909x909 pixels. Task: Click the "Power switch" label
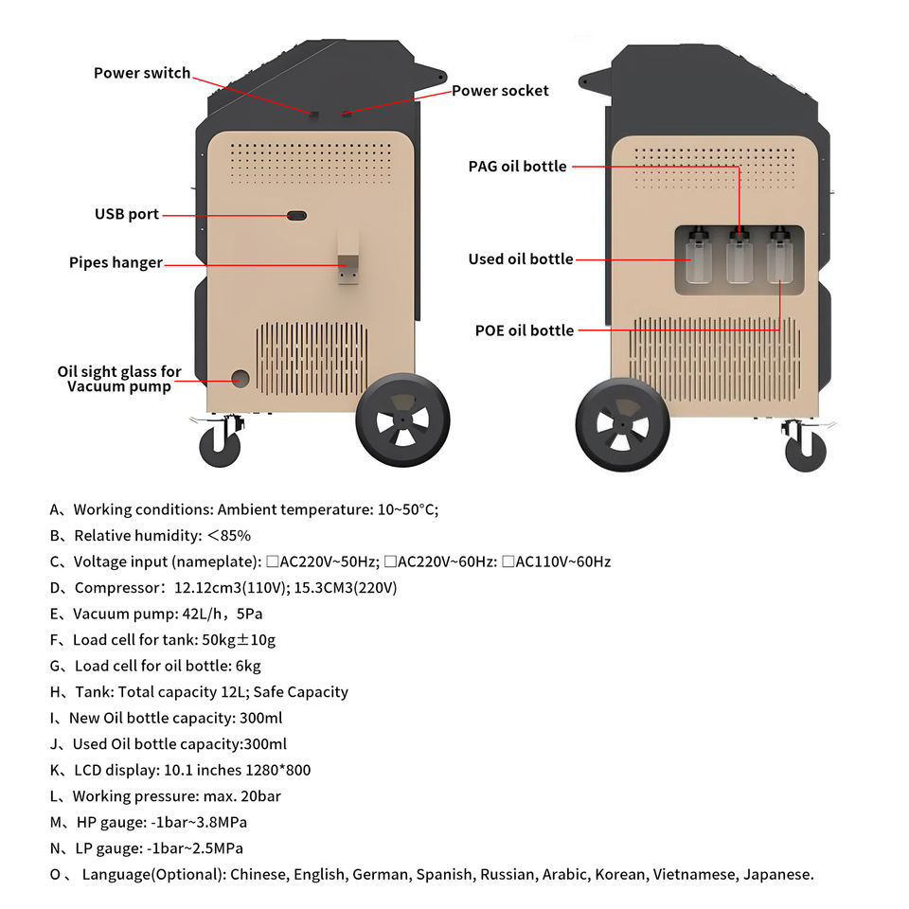pyautogui.click(x=142, y=73)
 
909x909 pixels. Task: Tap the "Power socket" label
pyautogui.click(x=500, y=91)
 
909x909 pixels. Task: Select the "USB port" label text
pyautogui.click(x=127, y=215)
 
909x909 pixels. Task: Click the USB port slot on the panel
pyautogui.click(x=296, y=216)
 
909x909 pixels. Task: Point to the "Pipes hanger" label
pyautogui.click(x=116, y=262)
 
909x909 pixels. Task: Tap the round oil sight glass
pyautogui.click(x=241, y=379)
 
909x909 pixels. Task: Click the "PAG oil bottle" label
pyautogui.click(x=517, y=167)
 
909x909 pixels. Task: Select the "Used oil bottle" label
pyautogui.click(x=521, y=258)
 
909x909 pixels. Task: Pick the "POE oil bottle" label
pyautogui.click(x=525, y=330)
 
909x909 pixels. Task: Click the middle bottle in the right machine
pyautogui.click(x=739, y=258)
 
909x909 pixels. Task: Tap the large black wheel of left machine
pyautogui.click(x=402, y=419)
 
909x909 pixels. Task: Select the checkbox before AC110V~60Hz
pyautogui.click(x=508, y=561)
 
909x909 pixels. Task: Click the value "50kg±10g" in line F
pyautogui.click(x=240, y=640)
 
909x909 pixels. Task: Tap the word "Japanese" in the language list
pyautogui.click(x=777, y=874)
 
